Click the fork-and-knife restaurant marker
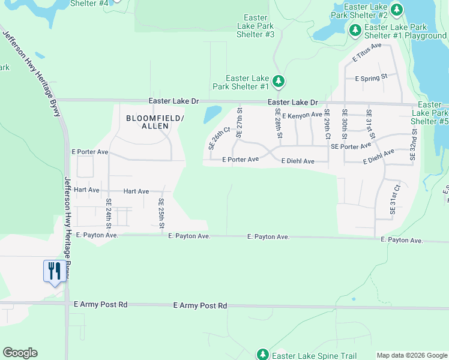(x=54, y=271)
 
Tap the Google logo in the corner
(x=20, y=353)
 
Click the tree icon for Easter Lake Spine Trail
(x=262, y=355)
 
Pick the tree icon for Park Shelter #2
(x=396, y=10)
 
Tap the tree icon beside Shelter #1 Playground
(x=355, y=29)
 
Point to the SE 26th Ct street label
(x=219, y=137)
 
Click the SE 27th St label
(x=240, y=122)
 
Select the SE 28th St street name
(x=279, y=123)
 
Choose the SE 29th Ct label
(x=327, y=124)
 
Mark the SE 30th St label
(x=345, y=124)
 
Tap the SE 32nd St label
(x=413, y=144)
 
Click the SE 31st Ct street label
(x=393, y=200)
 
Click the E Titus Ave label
(x=367, y=53)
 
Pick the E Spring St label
(x=372, y=78)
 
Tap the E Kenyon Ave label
(x=302, y=115)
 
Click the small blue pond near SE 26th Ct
(x=212, y=114)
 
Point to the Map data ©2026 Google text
(x=412, y=355)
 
